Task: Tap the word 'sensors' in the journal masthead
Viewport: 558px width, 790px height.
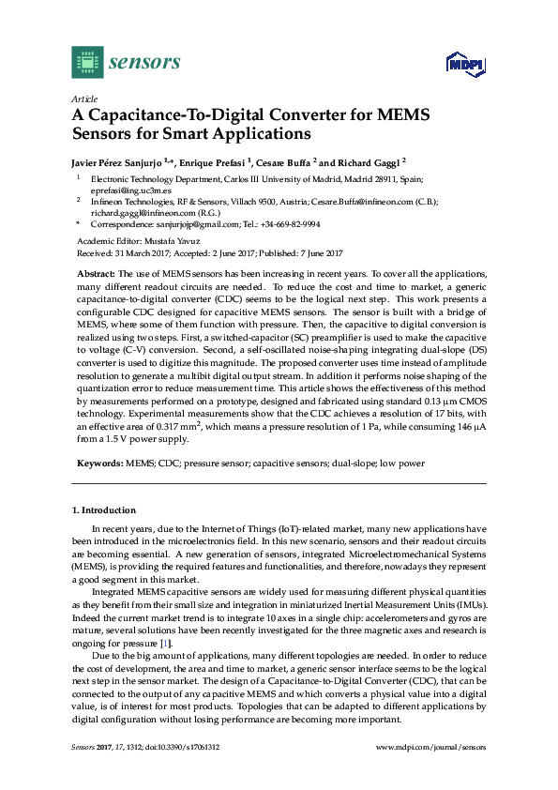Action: tap(144, 63)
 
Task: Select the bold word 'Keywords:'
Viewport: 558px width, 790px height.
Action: tap(98, 463)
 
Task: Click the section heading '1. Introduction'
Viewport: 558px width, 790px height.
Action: tap(104, 510)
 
